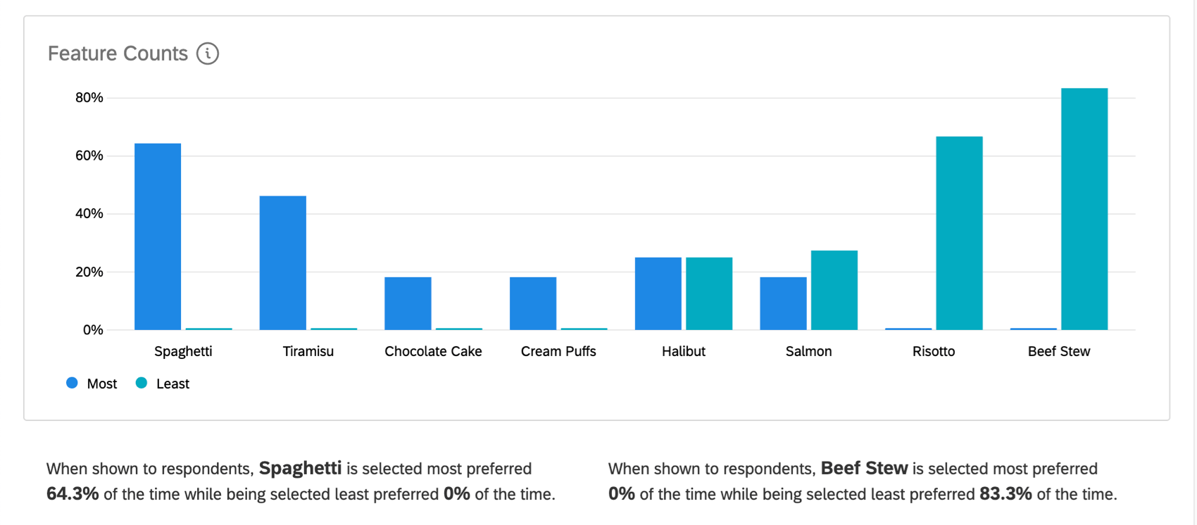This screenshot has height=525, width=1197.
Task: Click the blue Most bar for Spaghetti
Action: pos(158,236)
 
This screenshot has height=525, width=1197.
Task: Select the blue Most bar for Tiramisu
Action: pos(282,262)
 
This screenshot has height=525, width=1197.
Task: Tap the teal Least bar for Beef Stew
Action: pos(1084,209)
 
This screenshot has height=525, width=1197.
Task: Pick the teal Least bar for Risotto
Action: pos(959,233)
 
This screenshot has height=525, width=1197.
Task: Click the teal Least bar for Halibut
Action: pos(708,293)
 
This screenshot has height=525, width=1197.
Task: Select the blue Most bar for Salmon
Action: pos(783,303)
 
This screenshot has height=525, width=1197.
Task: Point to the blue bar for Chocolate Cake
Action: pos(408,303)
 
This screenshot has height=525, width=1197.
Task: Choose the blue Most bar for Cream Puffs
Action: pos(532,303)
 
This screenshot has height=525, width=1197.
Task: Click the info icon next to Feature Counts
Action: pos(208,53)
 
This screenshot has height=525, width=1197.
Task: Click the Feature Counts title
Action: pos(118,53)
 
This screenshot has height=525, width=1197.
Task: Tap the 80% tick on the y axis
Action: pos(89,98)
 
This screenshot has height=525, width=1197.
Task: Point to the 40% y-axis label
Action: pos(89,214)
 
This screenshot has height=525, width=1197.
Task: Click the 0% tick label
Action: pos(93,330)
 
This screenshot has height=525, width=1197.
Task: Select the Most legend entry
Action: pos(92,384)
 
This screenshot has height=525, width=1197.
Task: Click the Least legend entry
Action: pos(163,384)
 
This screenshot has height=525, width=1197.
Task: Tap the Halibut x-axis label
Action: pos(683,351)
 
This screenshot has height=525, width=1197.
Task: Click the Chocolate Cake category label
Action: pos(433,351)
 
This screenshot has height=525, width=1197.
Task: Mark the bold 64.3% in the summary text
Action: pos(73,494)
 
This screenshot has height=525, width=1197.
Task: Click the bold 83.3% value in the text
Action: pos(1005,494)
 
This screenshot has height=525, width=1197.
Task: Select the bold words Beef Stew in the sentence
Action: pos(864,469)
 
